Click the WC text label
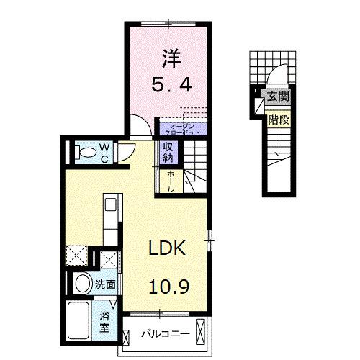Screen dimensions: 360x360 pyautogui.click(x=104, y=152)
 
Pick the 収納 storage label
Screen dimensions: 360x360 pyautogui.click(x=168, y=152)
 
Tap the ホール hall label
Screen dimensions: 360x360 pyautogui.click(x=171, y=180)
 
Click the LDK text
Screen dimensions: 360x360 pyautogui.click(x=168, y=249)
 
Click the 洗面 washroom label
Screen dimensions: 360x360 pyautogui.click(x=106, y=284)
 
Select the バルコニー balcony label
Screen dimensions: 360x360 pyautogui.click(x=164, y=334)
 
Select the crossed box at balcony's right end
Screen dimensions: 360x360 pyautogui.click(x=201, y=334)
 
